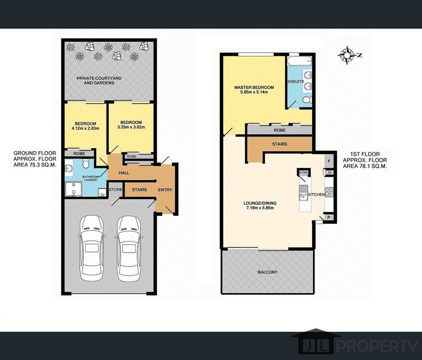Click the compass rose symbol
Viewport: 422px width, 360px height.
tap(347, 56)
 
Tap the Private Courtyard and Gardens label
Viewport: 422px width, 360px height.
tap(99, 80)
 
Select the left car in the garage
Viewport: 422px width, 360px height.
tap(92, 248)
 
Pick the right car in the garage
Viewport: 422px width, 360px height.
tap(129, 248)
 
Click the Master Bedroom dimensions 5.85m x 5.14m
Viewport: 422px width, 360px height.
tap(254, 92)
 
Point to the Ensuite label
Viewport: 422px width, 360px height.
tap(296, 81)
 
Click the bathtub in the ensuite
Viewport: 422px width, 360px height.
tap(300, 61)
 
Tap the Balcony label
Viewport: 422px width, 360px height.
tap(267, 272)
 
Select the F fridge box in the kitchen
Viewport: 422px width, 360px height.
tap(329, 161)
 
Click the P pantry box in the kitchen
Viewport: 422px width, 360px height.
tap(329, 217)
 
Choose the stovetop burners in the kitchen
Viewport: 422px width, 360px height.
tap(329, 191)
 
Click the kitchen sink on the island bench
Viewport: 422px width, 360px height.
tap(303, 193)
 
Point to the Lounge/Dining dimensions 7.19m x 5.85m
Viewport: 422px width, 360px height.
tap(260, 208)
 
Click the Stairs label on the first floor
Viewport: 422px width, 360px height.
tap(279, 144)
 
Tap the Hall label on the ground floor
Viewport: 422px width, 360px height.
tap(124, 173)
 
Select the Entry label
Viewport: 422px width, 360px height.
tap(165, 190)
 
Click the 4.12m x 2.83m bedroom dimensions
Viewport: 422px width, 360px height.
tap(86, 128)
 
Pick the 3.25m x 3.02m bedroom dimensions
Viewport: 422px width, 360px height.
tap(131, 127)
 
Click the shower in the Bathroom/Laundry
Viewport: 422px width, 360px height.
tap(73, 189)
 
